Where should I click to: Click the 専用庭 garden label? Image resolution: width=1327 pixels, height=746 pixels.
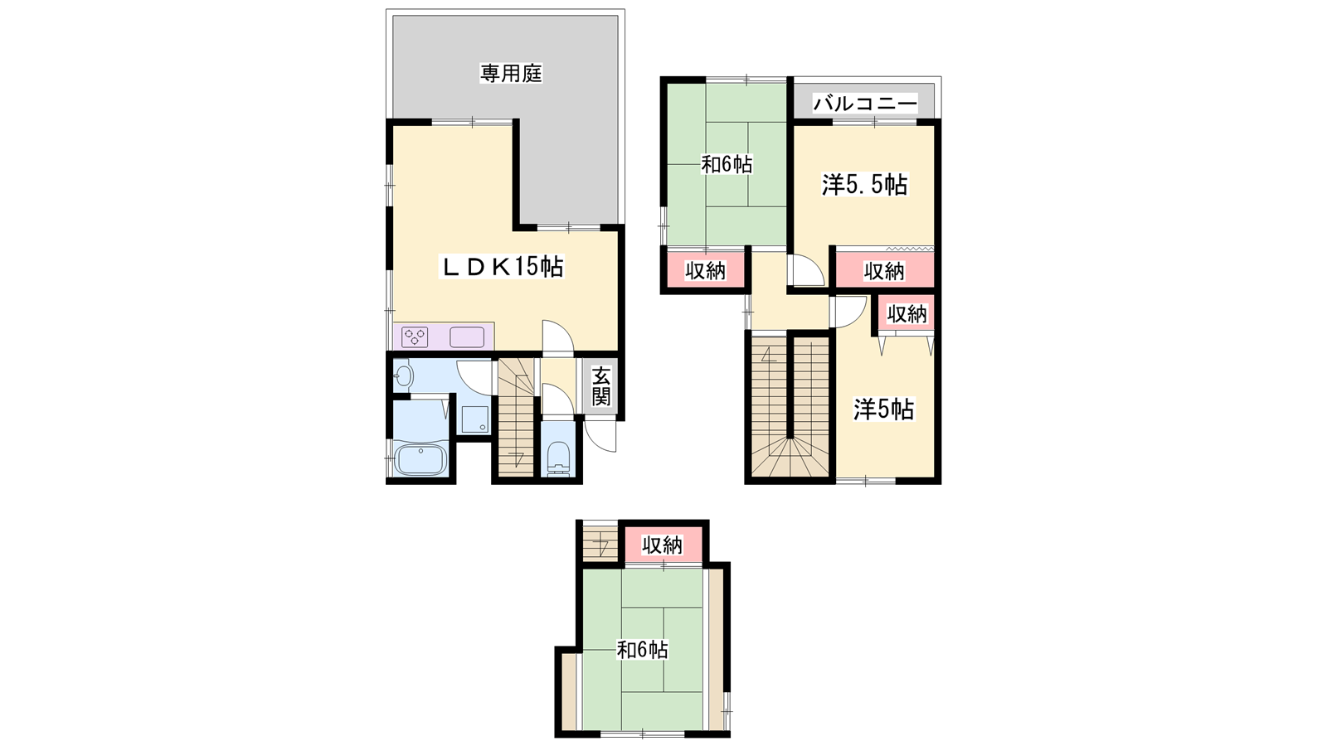[511, 74]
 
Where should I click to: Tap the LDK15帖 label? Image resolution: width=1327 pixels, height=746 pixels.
[501, 267]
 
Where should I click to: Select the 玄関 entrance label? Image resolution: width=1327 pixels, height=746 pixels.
[600, 386]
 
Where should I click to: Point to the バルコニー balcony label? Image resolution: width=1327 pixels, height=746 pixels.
[865, 104]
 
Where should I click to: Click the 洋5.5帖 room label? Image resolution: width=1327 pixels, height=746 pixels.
[864, 186]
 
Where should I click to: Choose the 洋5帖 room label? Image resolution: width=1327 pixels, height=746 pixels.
[884, 409]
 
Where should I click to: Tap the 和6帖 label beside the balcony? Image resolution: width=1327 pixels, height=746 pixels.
[727, 164]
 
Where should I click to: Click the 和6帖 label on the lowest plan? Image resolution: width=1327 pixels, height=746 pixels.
[643, 650]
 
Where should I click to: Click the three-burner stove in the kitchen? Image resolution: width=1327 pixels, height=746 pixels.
[415, 337]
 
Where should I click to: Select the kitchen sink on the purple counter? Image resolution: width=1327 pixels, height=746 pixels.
[467, 337]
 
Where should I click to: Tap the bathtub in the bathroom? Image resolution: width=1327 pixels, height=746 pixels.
[420, 459]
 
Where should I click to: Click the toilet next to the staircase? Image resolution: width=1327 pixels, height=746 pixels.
[558, 458]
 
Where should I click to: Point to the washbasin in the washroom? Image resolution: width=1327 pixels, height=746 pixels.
[403, 375]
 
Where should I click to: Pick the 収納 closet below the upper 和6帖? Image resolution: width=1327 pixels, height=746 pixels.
[705, 270]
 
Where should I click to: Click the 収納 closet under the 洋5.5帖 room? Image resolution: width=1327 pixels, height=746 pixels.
[884, 271]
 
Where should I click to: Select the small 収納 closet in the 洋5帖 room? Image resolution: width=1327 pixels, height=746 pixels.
[907, 313]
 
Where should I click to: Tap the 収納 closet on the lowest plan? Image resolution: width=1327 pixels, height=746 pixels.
[663, 544]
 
